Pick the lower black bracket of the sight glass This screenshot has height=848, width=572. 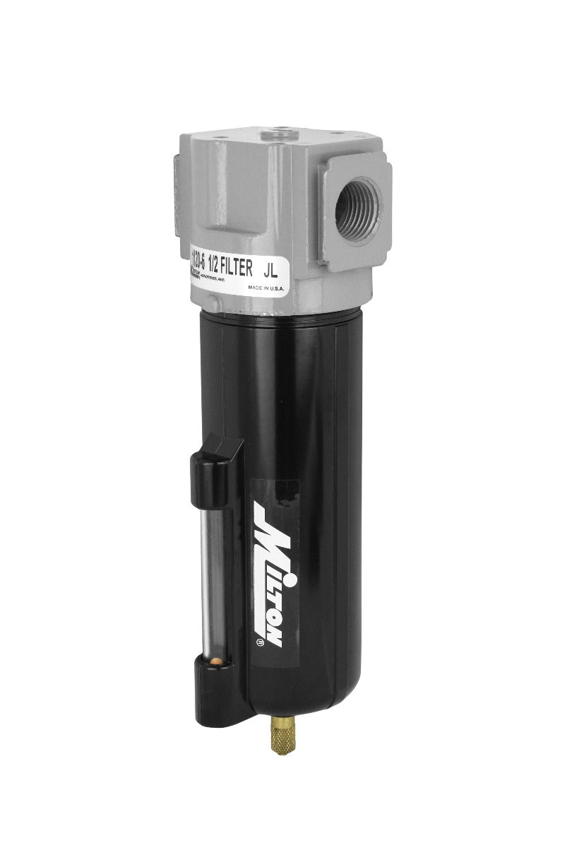pos(219,682)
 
